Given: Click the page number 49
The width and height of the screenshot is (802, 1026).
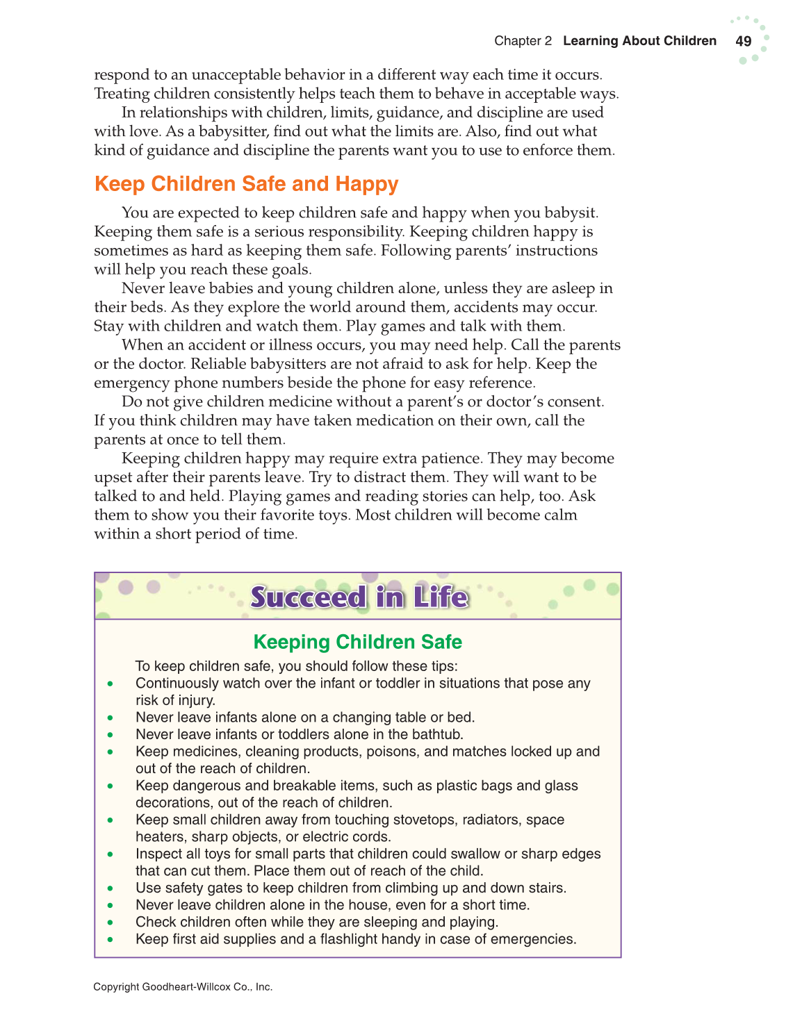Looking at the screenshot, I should pos(743,41).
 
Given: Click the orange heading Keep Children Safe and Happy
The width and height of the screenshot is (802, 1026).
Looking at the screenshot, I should pos(246,184).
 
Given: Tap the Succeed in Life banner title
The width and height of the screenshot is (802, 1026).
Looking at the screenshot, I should pos(359,597).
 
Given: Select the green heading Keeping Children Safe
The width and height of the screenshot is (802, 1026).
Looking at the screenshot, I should pos(357,642).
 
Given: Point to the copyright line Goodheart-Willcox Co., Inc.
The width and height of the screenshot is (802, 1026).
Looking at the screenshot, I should pos(183,986).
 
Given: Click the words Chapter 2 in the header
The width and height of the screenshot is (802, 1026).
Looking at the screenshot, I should pos(523,41).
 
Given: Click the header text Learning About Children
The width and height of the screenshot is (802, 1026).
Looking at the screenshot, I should pos(639,41).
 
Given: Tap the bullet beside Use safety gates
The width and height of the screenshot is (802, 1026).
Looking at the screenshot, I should pos(111,888).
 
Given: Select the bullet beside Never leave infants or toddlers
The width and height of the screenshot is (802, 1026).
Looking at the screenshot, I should pos(111,735).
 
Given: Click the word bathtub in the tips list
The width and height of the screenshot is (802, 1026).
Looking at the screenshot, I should pos(438,734).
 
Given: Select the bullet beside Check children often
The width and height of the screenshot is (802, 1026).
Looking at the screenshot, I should pos(111,922).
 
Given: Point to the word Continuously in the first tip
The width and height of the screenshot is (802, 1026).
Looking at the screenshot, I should pos(177,684).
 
